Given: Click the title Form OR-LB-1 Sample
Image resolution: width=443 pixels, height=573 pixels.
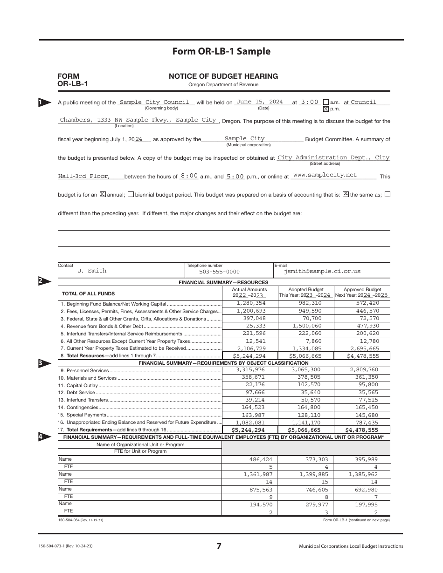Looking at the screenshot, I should pos(221,52).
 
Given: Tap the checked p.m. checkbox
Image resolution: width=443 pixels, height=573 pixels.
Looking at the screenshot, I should pos(326,109).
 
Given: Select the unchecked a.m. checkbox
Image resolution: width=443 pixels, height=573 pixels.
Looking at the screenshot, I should pos(326,102).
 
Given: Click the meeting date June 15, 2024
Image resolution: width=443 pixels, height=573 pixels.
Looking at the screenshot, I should pos(259,102).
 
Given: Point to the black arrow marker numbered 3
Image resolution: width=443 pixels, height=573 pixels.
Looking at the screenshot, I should pos(44,363).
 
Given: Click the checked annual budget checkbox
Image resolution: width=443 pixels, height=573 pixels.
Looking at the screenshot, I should pos(103,194).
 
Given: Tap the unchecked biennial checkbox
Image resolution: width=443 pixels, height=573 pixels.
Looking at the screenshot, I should pos(131,194).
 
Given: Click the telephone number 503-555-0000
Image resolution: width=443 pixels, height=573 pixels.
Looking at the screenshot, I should pos(219,272).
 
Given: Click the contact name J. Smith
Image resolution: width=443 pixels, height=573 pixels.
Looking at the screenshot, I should pos(92,271).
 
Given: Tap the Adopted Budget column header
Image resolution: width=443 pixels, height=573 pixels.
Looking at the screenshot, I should pos(305,289).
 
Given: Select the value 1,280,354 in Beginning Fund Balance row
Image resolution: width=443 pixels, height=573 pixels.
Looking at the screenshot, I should pos(251,303).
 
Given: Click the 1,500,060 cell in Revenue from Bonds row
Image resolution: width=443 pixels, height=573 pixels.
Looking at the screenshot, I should pos(307,326).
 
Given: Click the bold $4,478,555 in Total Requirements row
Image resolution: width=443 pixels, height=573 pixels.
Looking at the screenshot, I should pos(361,430).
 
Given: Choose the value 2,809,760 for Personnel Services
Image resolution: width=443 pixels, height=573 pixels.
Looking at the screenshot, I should pos(361,370).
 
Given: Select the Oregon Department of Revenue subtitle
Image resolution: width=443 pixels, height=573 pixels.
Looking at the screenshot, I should pos(223,85).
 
